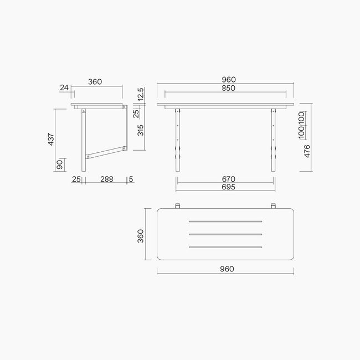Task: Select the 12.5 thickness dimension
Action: click(141, 94)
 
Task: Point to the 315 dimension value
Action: click(141, 130)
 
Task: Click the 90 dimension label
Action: click(59, 165)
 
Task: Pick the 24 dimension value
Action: click(65, 87)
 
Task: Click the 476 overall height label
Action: click(306, 151)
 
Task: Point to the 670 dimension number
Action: click(228, 179)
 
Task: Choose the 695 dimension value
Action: click(228, 187)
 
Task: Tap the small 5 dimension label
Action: click(130, 179)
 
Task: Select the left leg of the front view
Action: click(178, 141)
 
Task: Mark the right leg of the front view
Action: click(273, 141)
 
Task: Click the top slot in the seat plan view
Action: click(225, 222)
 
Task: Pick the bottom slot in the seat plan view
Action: click(225, 247)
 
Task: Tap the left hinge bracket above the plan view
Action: click(178, 207)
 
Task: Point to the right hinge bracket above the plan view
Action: click(273, 207)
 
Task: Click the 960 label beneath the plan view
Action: click(225, 269)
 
